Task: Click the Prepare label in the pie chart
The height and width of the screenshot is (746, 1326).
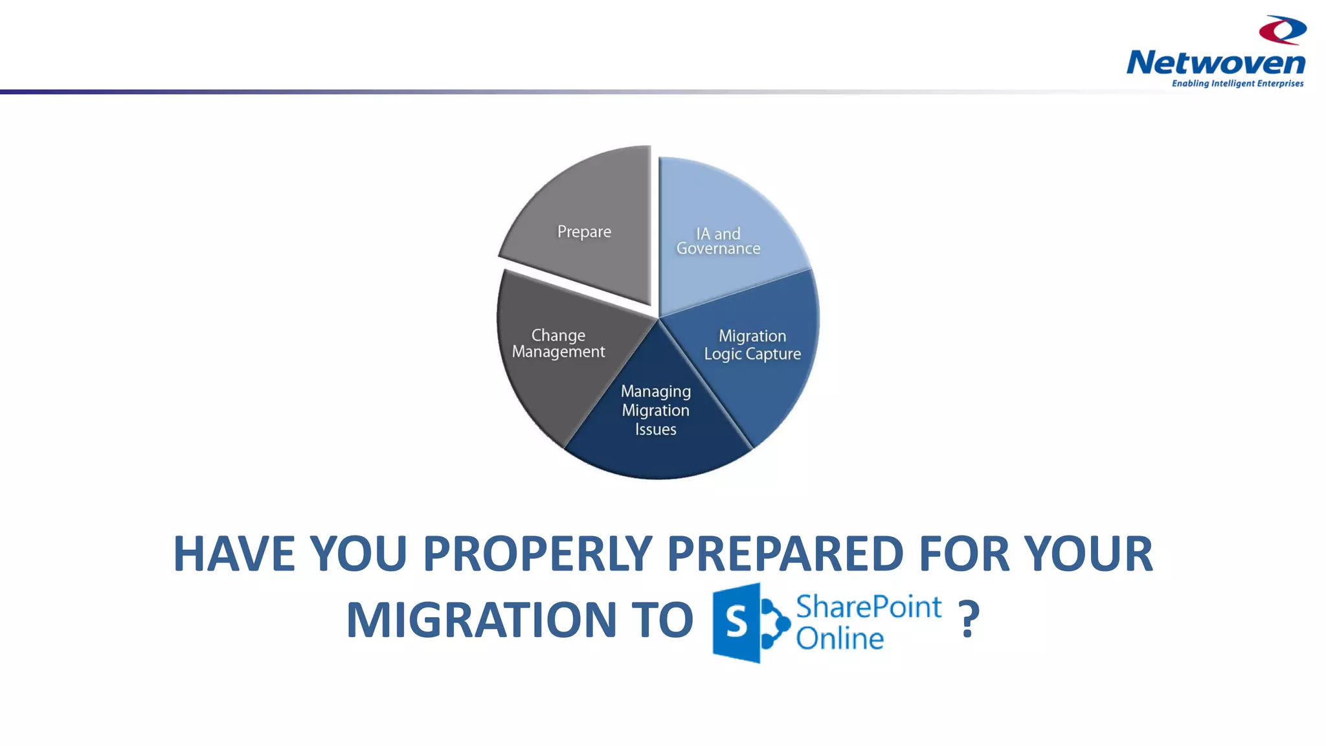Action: (584, 232)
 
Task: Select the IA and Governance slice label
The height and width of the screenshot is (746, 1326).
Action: (718, 241)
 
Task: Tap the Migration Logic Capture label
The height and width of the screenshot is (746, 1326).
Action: (752, 345)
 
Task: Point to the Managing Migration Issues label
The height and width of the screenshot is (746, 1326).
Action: (655, 410)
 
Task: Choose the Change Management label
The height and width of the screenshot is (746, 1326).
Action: (558, 343)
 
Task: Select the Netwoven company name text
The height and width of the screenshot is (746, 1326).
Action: (1215, 63)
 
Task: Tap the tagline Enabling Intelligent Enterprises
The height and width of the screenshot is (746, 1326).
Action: (1237, 84)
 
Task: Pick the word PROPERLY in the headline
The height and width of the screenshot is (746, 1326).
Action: (537, 554)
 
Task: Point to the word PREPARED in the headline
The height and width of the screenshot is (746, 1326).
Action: (785, 554)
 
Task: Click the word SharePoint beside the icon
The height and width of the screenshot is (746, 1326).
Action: (868, 607)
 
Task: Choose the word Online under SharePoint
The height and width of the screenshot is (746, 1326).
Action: (839, 639)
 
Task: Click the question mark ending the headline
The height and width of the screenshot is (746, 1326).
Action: (969, 620)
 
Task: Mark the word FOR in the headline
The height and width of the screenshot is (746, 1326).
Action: (964, 554)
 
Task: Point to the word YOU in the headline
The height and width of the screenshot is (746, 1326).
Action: (358, 554)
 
